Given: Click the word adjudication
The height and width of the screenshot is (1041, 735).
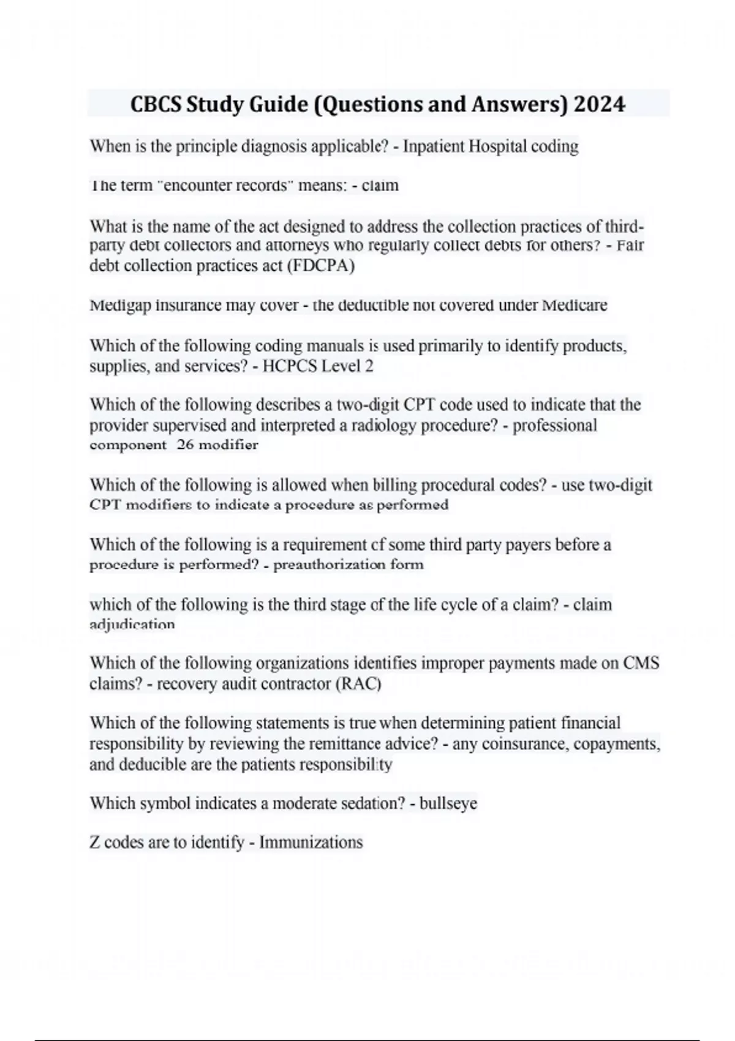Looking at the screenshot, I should (132, 625).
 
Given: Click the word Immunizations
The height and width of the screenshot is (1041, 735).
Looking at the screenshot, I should (311, 843).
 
